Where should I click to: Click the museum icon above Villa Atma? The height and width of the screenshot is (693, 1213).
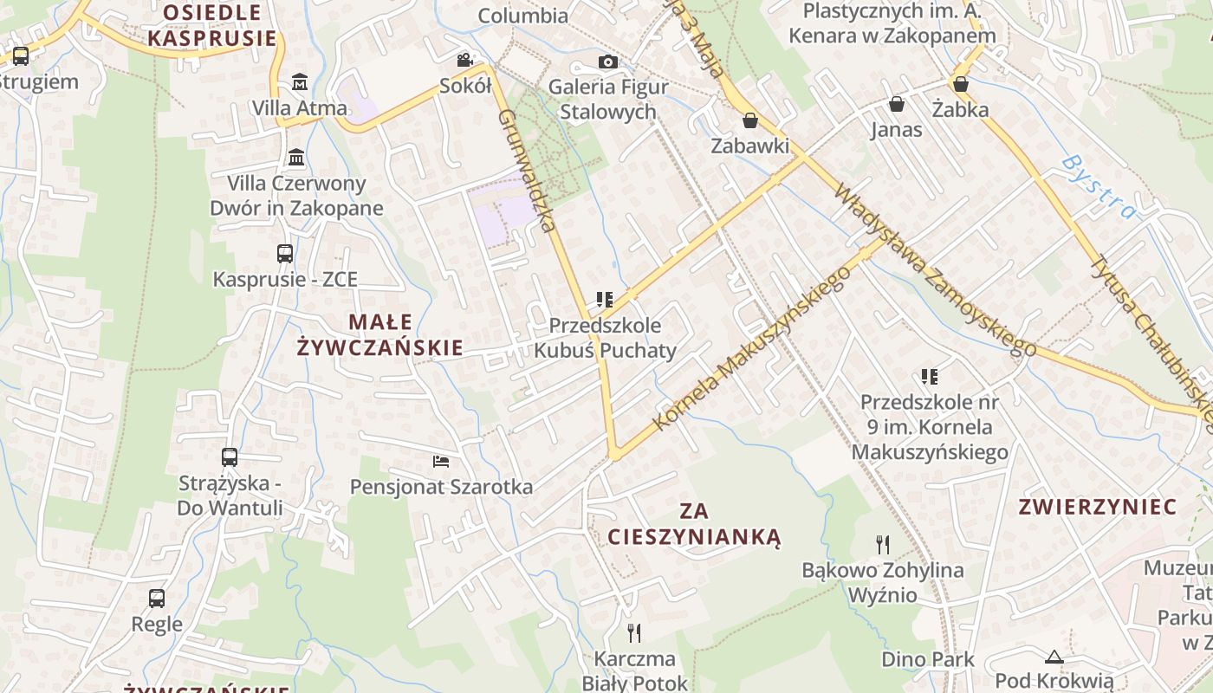(x=300, y=81)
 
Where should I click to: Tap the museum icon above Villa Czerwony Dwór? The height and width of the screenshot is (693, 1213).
(x=296, y=158)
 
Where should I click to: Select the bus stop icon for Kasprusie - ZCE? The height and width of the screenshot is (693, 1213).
(x=285, y=254)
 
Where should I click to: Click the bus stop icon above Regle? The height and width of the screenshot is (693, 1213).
(x=157, y=598)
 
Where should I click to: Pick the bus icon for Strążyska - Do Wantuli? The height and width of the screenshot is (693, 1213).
(x=230, y=457)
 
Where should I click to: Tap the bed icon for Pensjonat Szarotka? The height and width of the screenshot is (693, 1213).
(x=441, y=461)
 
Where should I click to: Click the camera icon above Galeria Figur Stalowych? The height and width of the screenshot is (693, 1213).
(x=608, y=62)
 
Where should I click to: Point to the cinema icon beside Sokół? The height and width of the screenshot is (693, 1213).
(x=465, y=60)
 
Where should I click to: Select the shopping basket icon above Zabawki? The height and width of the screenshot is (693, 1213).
(x=750, y=120)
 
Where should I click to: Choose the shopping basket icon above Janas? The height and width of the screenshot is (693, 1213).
(x=897, y=104)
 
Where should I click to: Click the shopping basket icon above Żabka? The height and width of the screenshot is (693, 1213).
(x=960, y=84)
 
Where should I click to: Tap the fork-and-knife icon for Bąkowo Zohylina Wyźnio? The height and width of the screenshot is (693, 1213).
(x=883, y=544)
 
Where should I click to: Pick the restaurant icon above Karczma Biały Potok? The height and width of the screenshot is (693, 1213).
(x=634, y=632)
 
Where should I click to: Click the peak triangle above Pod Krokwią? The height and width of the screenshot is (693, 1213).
(x=1054, y=657)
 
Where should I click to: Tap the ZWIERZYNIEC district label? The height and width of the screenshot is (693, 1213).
(x=1097, y=507)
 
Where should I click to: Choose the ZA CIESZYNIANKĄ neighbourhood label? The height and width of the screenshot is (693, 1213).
(x=694, y=524)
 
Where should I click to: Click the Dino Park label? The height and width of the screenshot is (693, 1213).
(x=928, y=659)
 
